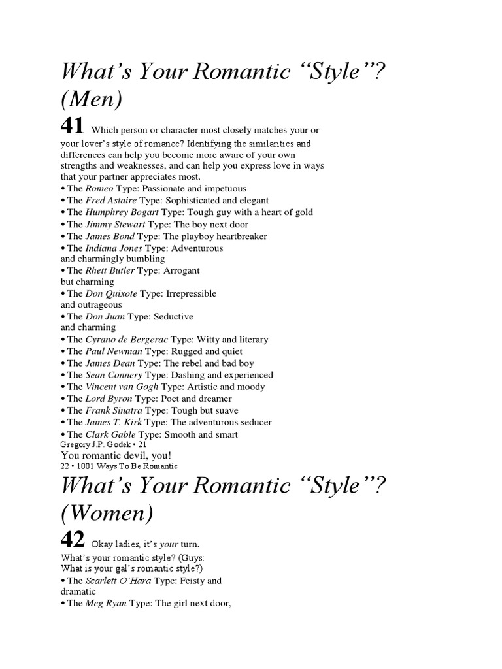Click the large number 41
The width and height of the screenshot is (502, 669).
coord(73,125)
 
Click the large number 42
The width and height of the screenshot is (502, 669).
coord(73,540)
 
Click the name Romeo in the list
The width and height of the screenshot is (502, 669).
coord(99,188)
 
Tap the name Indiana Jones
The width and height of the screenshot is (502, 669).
coord(114,248)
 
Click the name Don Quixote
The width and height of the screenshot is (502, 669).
coord(112,293)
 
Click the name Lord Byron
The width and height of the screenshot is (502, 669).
coord(109,398)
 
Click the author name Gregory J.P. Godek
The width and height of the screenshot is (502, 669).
coord(92,444)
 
